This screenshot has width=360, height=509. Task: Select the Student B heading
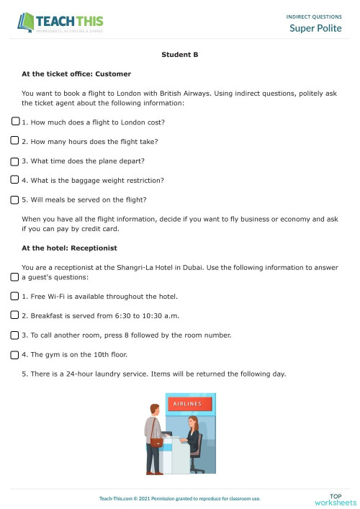coord(180,55)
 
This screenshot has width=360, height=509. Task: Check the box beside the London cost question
coord(16,122)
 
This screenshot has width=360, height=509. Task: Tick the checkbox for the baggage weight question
coord(16,179)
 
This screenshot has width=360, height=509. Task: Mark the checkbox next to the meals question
coord(16,199)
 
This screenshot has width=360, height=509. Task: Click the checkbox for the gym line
coord(16,353)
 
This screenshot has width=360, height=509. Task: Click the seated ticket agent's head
coord(192,422)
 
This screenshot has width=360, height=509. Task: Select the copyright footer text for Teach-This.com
coord(180,497)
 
